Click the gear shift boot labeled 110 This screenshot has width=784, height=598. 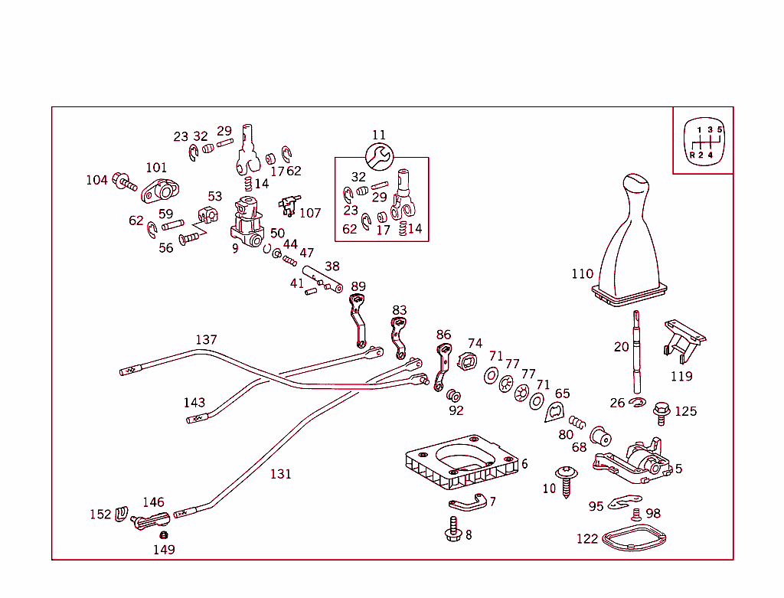tap(630, 245)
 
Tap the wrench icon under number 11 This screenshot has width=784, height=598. tap(378, 158)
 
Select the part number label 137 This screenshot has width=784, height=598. tap(206, 339)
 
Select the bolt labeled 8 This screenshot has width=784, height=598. tap(452, 529)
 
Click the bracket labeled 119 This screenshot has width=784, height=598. tap(684, 340)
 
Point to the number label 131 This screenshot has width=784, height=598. tap(280, 474)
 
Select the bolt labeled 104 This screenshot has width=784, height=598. tap(124, 182)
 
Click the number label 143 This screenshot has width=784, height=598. tap(194, 403)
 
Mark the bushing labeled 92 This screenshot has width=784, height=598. tap(454, 397)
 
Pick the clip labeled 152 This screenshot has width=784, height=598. tap(121, 515)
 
